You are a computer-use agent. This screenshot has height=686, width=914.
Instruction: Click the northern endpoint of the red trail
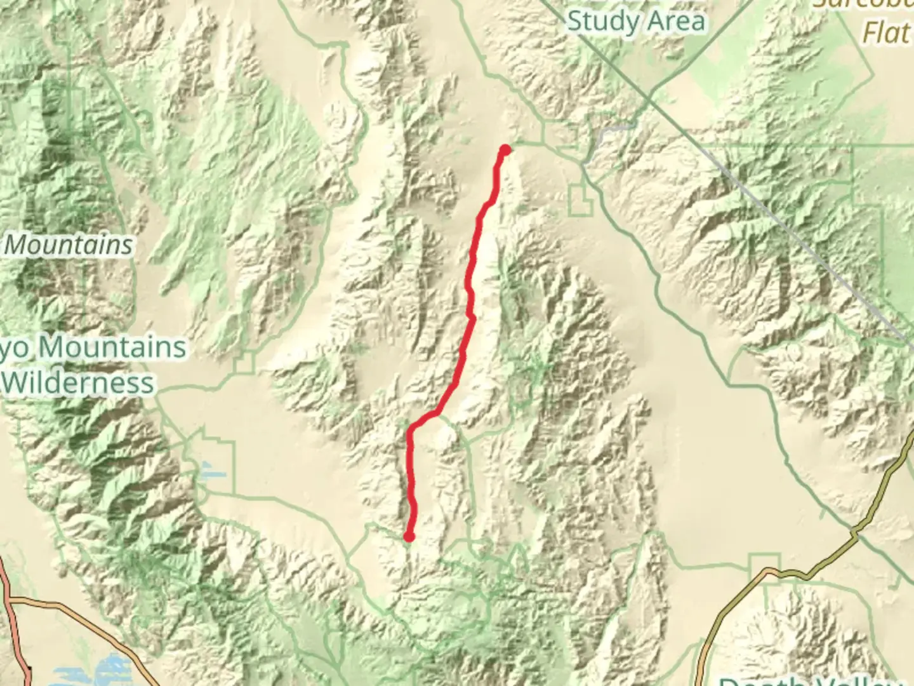pyautogui.click(x=505, y=150)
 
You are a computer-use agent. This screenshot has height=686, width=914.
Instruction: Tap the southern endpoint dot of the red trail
pyautogui.click(x=409, y=537)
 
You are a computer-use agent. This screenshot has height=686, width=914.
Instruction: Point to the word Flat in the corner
pyautogui.click(x=886, y=32)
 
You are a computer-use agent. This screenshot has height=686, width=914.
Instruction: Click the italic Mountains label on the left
pyautogui.click(x=70, y=245)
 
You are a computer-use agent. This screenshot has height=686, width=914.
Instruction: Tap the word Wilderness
pyautogui.click(x=79, y=383)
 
